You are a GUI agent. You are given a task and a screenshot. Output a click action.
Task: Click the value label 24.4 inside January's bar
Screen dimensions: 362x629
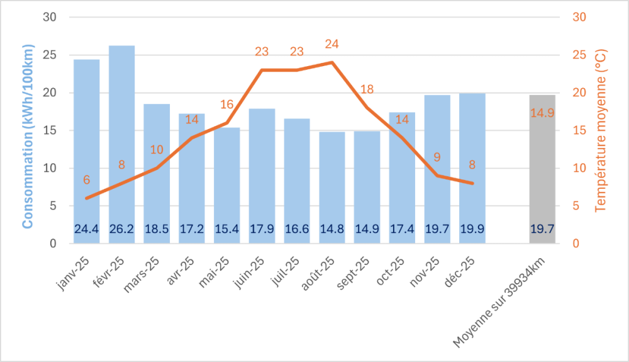(86, 229)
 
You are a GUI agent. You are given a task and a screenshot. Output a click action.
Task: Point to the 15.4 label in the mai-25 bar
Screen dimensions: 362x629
(226, 229)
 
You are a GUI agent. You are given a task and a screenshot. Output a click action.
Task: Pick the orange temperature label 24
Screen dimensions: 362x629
(332, 44)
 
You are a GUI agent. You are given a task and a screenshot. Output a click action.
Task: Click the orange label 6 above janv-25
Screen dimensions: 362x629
(87, 181)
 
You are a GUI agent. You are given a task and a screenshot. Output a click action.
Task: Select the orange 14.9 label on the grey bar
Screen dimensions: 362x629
(542, 113)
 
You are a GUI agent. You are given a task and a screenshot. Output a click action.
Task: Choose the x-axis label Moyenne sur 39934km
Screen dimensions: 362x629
(503, 302)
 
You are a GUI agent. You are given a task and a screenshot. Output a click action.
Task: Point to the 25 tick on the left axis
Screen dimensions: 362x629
(50, 55)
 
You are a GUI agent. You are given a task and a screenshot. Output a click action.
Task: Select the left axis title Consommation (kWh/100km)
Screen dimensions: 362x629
(28, 135)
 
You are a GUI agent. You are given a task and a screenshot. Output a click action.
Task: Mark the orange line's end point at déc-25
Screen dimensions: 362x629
(472, 183)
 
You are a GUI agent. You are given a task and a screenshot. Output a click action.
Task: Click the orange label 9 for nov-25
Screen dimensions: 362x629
(437, 157)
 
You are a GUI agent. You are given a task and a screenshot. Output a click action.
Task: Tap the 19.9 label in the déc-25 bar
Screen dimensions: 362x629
(472, 229)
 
